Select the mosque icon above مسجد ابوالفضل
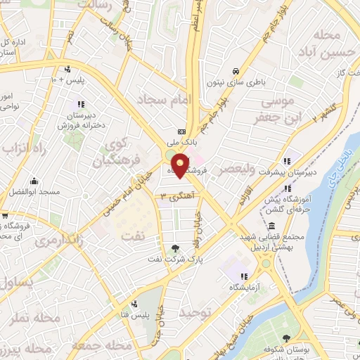click(x=33, y=181)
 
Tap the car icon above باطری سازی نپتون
click(x=236, y=71)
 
